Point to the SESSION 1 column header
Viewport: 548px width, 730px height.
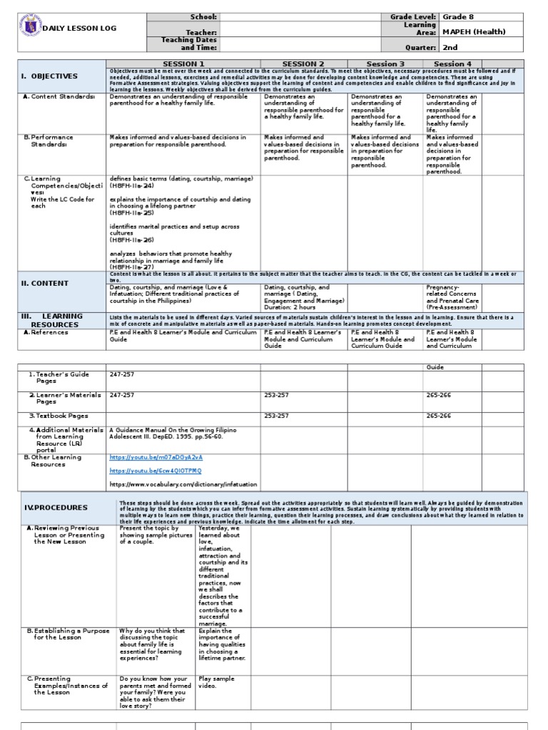click(x=184, y=64)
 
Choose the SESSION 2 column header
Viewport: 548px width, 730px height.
click(x=303, y=64)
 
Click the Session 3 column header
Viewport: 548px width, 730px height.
click(x=386, y=64)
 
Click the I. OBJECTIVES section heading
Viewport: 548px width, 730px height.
click(x=49, y=76)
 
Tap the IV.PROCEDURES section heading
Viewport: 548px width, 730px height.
click(x=56, y=508)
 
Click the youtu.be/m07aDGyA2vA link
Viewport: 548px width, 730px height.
click(x=156, y=457)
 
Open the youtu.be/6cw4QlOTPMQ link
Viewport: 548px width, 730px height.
click(x=156, y=471)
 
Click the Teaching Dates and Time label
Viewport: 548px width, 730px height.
click(x=191, y=43)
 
